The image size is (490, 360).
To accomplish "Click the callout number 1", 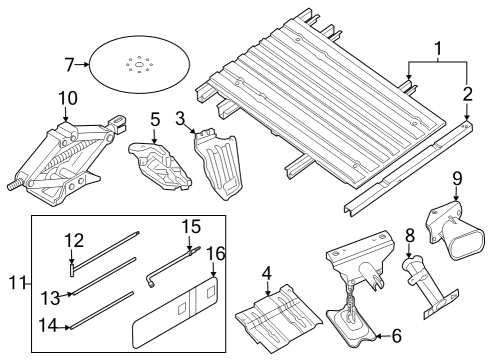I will click(x=436, y=47).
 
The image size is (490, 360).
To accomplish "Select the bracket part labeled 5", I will click(x=158, y=163).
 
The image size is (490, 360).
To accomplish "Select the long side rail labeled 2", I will click(x=410, y=170).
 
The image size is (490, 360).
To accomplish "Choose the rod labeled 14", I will click(x=100, y=309).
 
